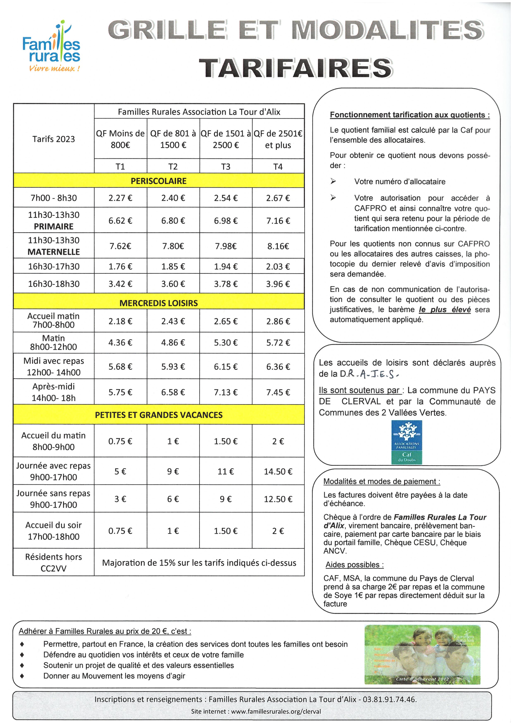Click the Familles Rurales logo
(x=51, y=47)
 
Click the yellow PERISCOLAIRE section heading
(x=159, y=181)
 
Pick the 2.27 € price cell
(x=120, y=198)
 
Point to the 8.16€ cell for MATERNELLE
(x=278, y=246)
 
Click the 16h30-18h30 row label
(x=54, y=284)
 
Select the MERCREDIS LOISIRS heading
(x=159, y=303)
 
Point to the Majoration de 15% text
(x=199, y=563)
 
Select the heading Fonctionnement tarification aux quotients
(x=410, y=115)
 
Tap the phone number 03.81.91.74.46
(x=389, y=699)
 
